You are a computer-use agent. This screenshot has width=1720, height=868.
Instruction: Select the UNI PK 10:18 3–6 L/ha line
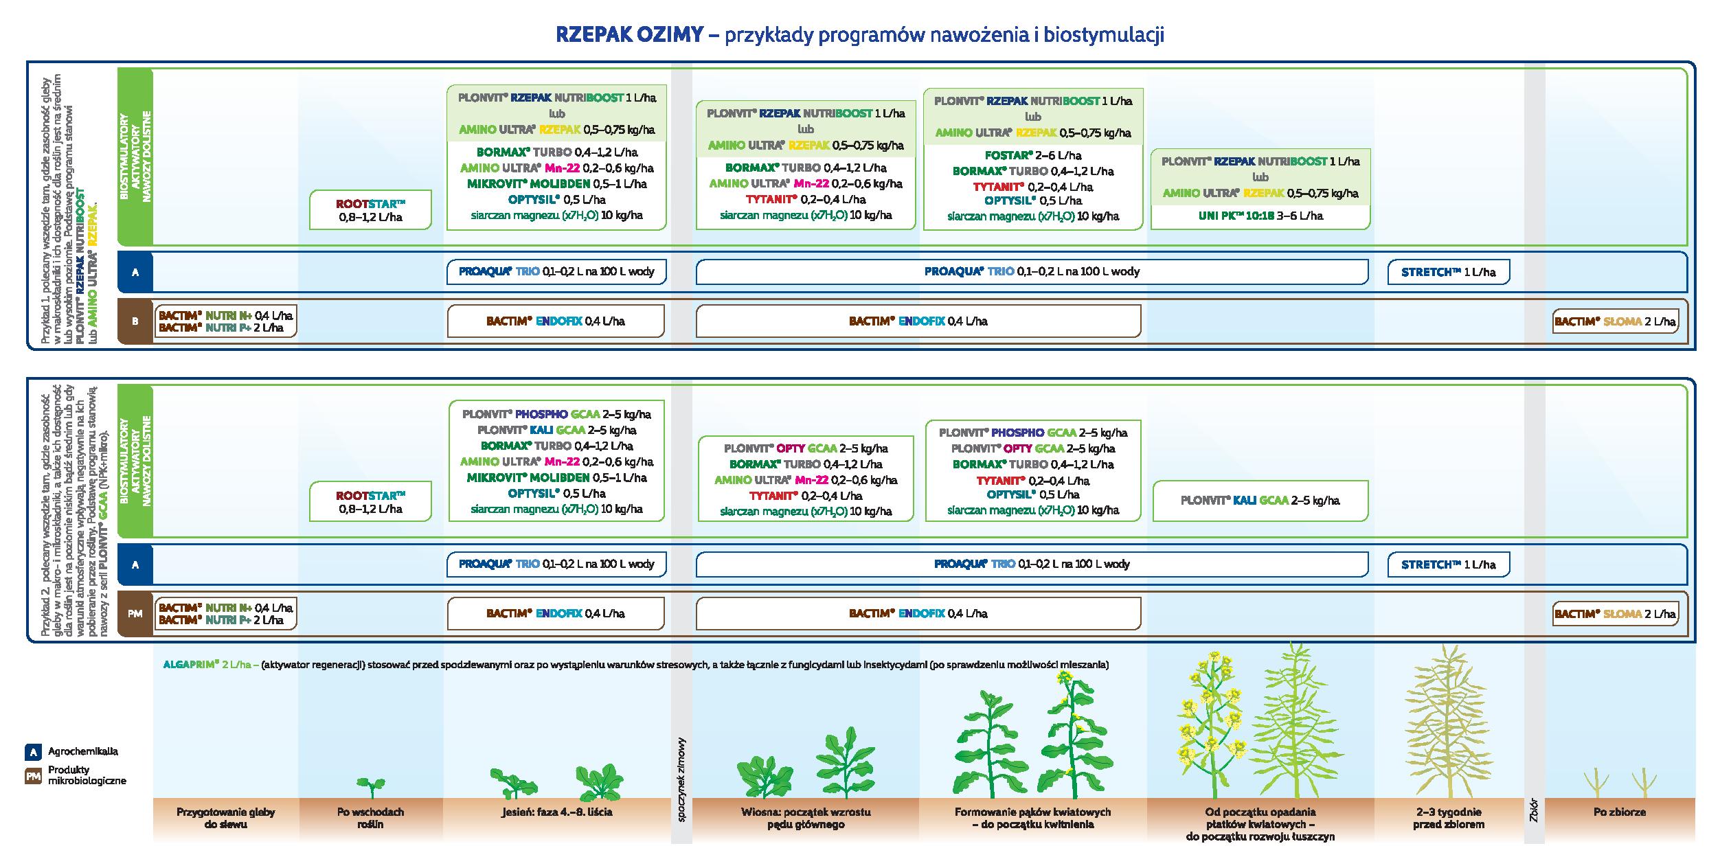click(x=1260, y=216)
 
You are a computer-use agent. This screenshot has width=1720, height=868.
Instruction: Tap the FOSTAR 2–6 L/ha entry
click(x=1032, y=155)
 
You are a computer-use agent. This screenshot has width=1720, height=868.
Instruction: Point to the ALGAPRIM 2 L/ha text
click(x=208, y=665)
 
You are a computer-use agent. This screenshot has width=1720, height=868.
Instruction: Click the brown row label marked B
click(x=135, y=321)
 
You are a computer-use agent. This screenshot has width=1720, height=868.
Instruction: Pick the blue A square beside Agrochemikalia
click(x=32, y=751)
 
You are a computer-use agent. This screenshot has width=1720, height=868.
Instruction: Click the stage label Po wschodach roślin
click(x=370, y=818)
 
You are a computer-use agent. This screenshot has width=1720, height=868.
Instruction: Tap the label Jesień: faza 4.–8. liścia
click(x=556, y=812)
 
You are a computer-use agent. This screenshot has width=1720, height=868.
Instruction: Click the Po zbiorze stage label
click(x=1619, y=812)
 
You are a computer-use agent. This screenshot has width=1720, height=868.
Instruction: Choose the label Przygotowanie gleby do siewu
click(x=225, y=818)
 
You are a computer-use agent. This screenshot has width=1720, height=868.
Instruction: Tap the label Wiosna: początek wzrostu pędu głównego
click(x=806, y=818)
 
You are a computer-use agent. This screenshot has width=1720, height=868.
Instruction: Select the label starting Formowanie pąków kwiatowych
click(x=1032, y=818)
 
